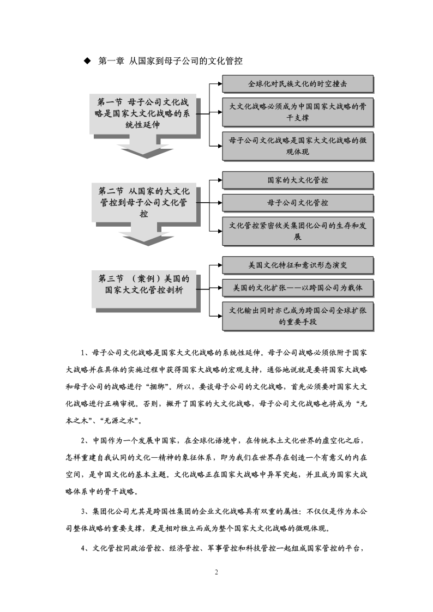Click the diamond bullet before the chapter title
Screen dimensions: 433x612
click(87, 61)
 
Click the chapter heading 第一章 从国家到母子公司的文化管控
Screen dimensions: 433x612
click(170, 61)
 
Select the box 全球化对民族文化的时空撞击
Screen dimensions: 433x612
click(298, 84)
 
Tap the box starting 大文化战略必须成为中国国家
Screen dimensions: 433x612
click(298, 112)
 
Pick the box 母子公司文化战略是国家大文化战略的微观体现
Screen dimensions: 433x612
click(298, 146)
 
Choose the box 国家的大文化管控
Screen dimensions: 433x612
click(298, 180)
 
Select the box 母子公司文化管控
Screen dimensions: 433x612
click(298, 203)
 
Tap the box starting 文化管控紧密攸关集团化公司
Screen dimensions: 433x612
click(298, 231)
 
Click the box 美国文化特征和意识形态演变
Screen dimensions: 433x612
click(298, 265)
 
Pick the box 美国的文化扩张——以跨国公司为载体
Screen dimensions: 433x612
click(298, 288)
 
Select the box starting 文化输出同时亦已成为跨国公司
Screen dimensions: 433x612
click(298, 316)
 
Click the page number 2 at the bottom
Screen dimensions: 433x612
click(216, 572)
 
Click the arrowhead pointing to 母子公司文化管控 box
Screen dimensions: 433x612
click(220, 203)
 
